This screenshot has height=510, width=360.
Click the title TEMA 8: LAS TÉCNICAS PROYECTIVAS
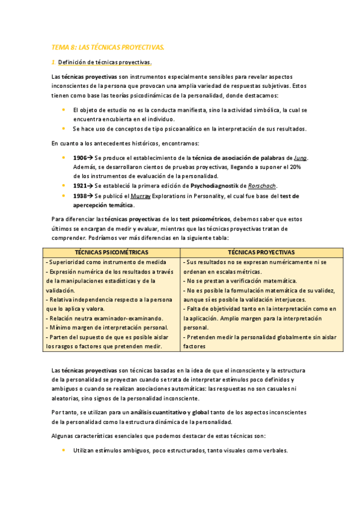(x=108, y=47)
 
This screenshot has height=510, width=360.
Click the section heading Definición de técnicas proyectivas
(x=105, y=63)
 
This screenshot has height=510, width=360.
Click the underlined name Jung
(x=301, y=158)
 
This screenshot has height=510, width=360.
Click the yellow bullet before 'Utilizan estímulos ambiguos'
(x=64, y=450)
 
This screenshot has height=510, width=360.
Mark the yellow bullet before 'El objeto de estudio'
(x=64, y=110)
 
